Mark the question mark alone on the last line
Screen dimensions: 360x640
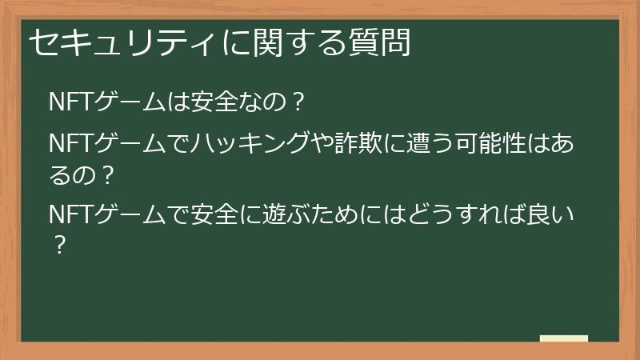tap(58, 243)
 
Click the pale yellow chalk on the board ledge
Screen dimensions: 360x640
tap(563, 339)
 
